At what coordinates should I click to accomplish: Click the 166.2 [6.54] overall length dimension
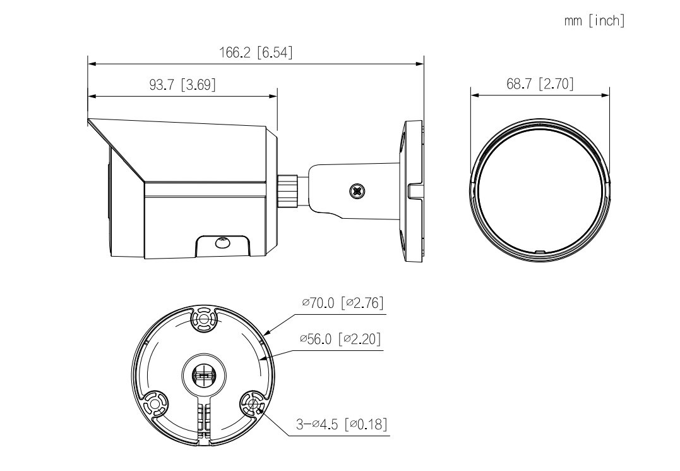coord(256,52)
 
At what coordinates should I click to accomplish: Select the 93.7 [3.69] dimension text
coord(182,84)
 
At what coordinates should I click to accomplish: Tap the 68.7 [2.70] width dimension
coord(540,83)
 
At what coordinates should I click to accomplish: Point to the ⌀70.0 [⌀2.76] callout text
coord(343,303)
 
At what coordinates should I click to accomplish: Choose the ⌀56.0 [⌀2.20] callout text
coord(340,339)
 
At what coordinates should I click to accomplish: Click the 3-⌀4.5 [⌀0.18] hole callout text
coord(342,424)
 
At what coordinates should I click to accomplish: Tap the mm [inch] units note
coord(595,20)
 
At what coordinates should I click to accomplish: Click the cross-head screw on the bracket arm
coord(357,190)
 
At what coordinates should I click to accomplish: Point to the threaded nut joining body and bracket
coord(288,192)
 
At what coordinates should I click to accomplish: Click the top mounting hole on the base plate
coord(203,320)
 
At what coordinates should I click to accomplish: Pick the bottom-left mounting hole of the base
coord(155,405)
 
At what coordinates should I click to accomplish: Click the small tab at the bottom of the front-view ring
coord(540,252)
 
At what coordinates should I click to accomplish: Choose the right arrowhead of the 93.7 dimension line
coord(273,96)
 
